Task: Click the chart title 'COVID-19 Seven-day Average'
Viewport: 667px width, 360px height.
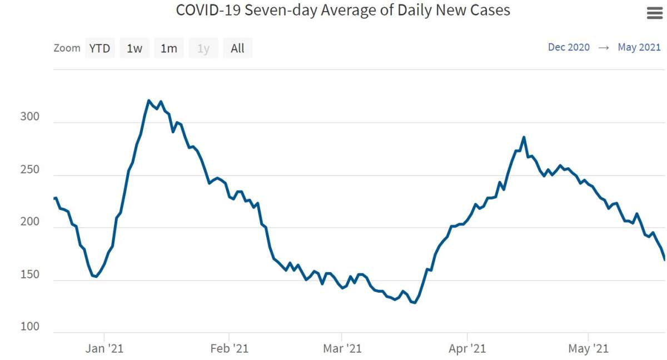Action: [342, 10]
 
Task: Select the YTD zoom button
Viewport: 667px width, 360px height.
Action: [100, 48]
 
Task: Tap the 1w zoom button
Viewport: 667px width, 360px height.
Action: [135, 48]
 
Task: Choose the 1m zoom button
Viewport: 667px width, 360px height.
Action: [168, 48]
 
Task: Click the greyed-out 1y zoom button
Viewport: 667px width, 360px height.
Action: [203, 48]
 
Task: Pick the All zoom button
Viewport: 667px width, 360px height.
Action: [237, 48]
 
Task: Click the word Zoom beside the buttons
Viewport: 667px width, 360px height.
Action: [67, 48]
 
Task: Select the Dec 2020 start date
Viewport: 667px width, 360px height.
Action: [569, 47]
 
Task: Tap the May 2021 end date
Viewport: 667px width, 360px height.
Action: [639, 47]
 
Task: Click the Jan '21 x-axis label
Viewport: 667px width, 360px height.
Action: [104, 348]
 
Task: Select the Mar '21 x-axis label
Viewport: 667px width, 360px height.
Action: [342, 348]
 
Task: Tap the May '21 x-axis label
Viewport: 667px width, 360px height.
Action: [589, 348]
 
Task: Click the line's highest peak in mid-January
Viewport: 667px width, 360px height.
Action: [149, 101]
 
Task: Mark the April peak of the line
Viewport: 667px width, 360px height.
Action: [524, 137]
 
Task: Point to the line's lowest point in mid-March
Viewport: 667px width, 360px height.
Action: [415, 303]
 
